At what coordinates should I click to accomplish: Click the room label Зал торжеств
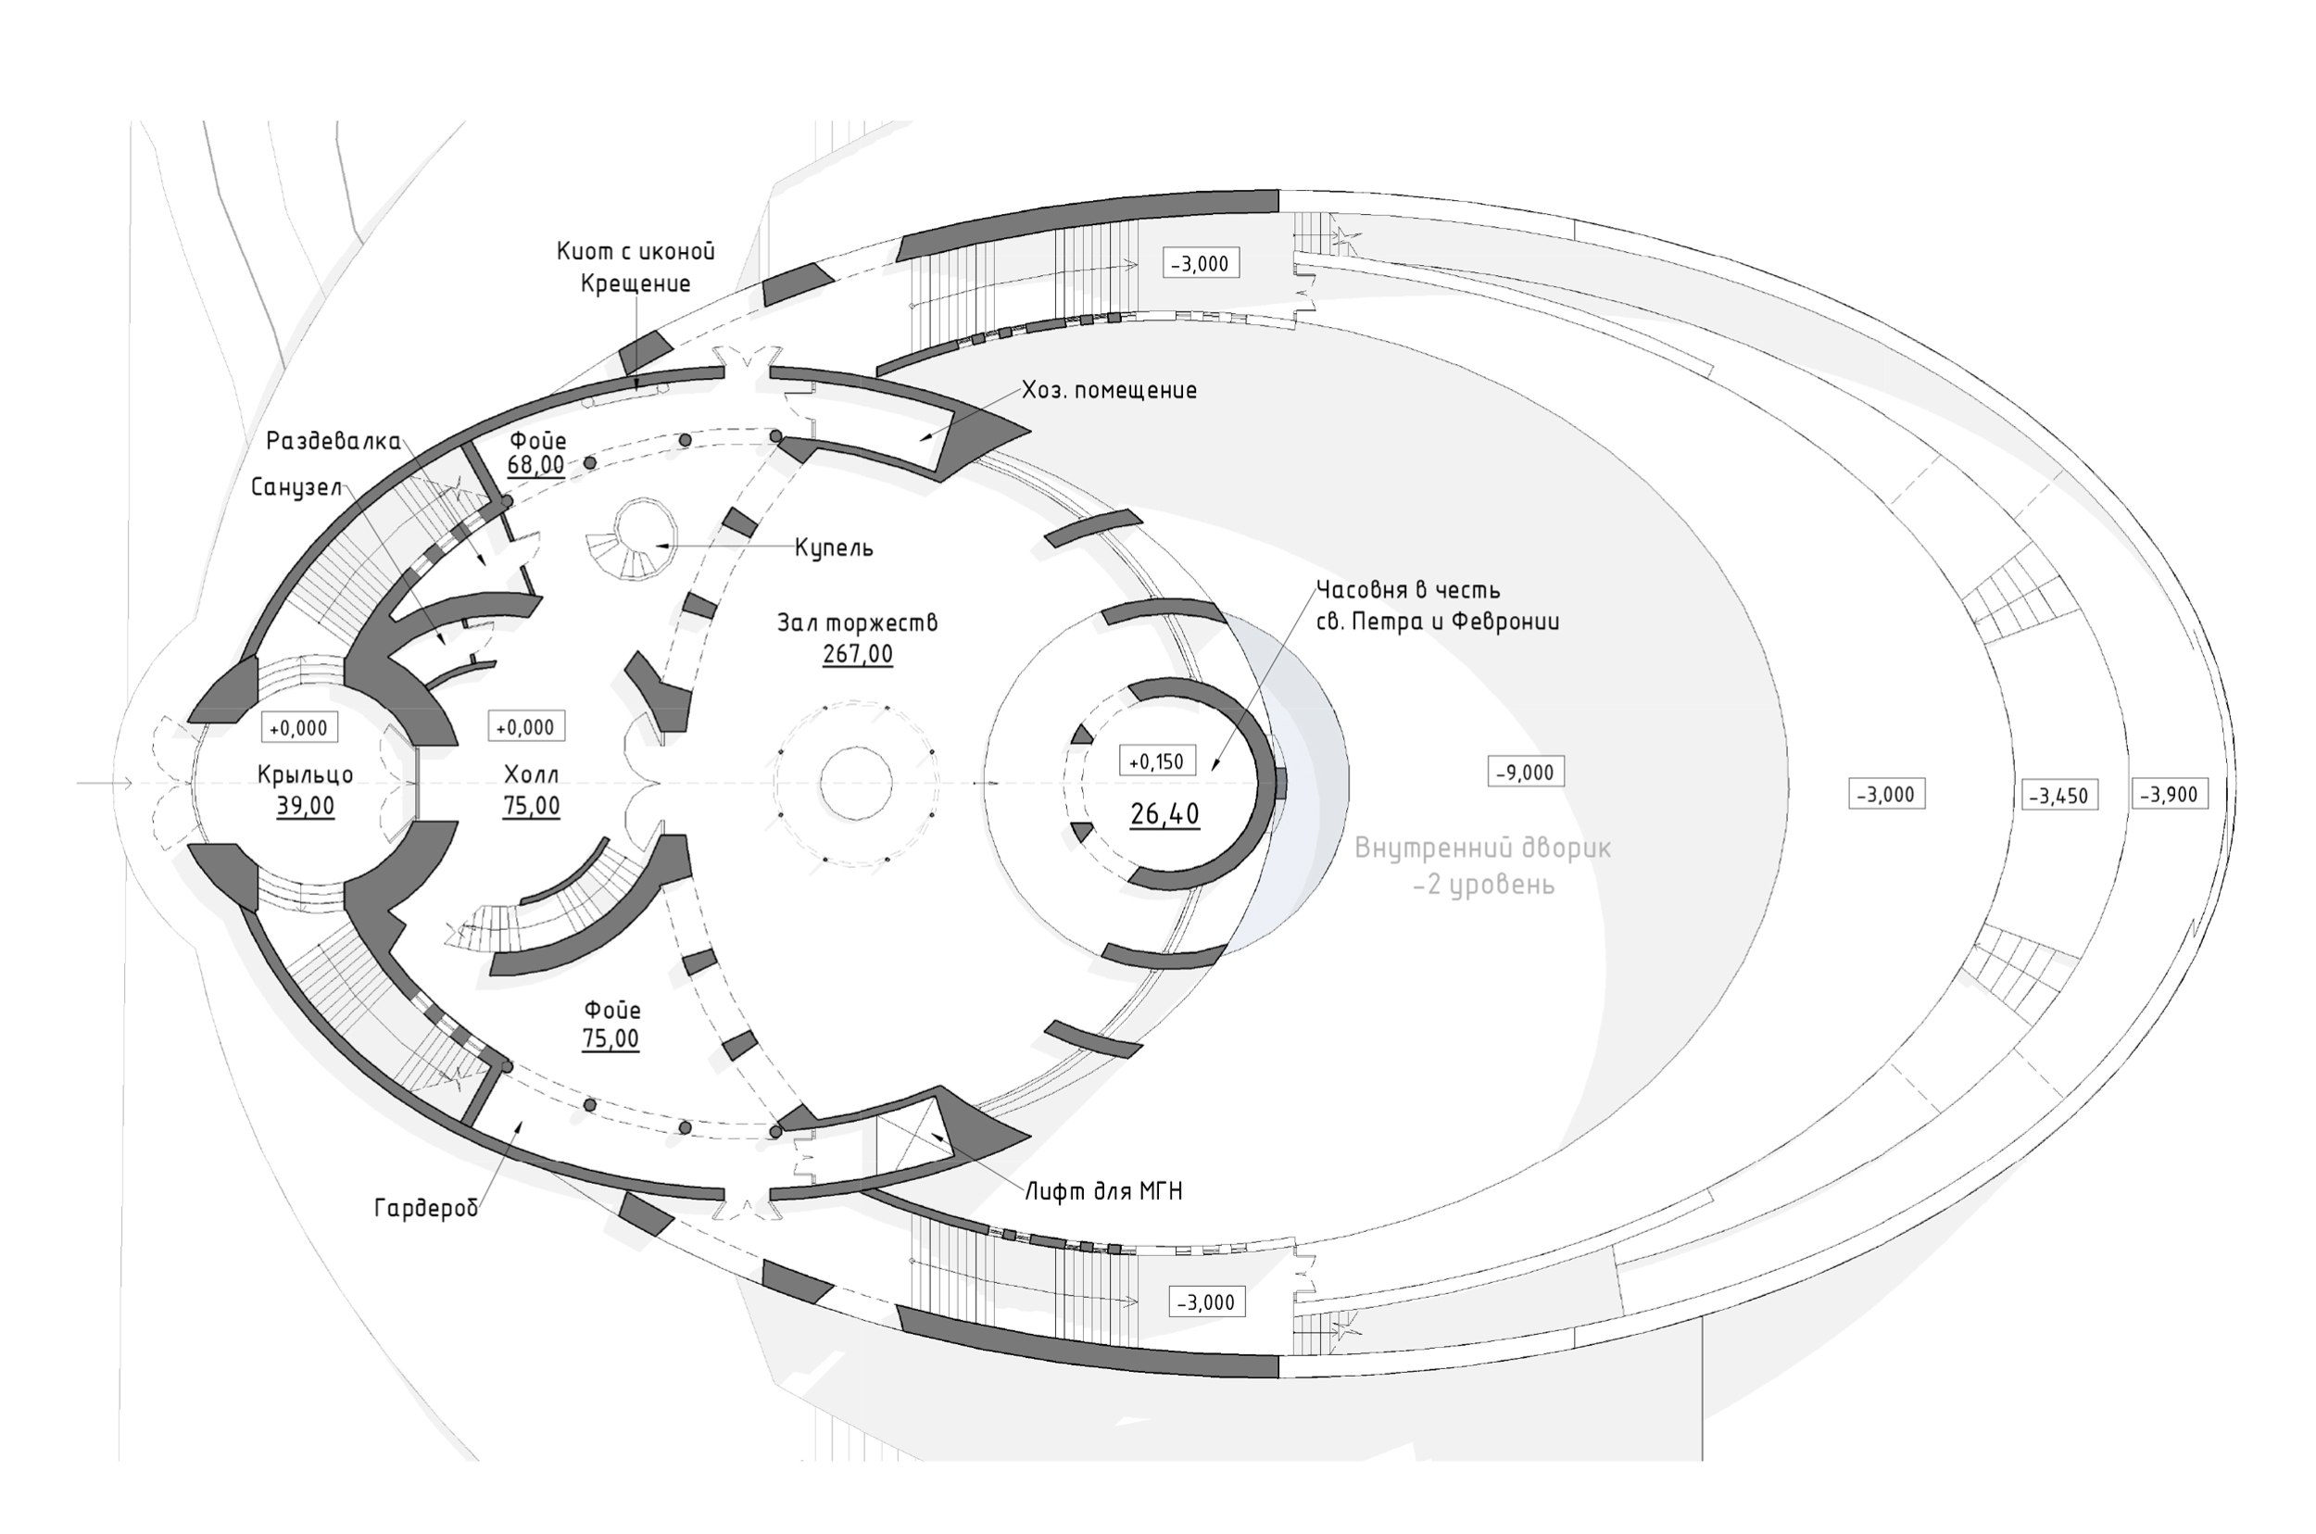(857, 623)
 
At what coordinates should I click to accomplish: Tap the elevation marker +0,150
(1155, 761)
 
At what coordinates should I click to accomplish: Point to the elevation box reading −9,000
(1525, 772)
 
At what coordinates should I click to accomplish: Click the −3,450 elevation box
(2059, 796)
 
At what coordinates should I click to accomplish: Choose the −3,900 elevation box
(2170, 795)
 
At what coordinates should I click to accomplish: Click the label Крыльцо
(306, 774)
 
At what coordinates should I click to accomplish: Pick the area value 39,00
(306, 806)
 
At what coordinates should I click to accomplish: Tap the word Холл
(532, 774)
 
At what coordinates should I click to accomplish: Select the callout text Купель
(834, 547)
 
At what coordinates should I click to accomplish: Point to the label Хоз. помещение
(1109, 390)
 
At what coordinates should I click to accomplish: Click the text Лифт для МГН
(1103, 1191)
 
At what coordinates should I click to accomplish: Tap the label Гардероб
(426, 1208)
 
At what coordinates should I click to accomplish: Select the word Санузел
(296, 487)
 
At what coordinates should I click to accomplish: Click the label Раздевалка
(334, 441)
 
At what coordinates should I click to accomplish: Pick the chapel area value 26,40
(1164, 814)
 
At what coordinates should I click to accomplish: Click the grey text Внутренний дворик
(1482, 849)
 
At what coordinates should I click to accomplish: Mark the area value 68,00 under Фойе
(536, 465)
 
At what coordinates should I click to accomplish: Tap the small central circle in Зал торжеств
(856, 784)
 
